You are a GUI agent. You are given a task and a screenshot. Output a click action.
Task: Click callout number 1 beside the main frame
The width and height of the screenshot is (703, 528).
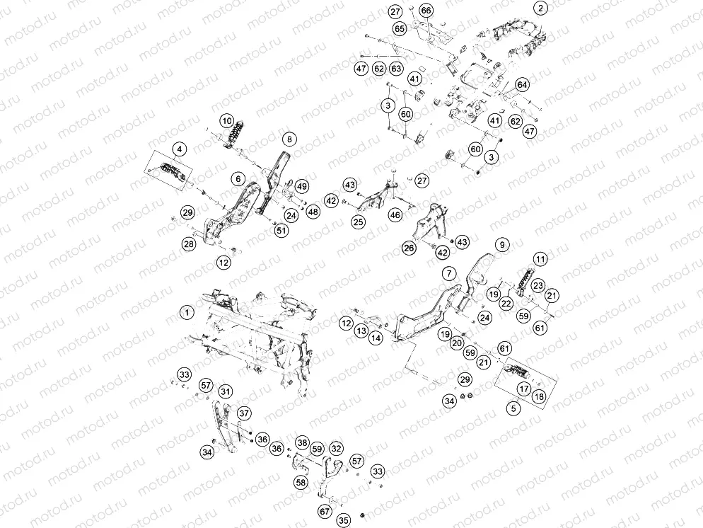187,312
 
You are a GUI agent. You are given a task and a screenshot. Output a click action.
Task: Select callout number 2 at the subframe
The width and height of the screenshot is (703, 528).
541,8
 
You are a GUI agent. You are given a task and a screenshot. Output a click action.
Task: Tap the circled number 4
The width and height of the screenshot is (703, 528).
180,149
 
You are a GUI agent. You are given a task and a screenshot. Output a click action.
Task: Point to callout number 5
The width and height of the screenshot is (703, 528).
513,408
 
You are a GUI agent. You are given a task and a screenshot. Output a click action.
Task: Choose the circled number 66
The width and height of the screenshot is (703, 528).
426,11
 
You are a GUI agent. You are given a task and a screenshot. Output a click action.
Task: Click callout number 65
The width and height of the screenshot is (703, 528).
400,29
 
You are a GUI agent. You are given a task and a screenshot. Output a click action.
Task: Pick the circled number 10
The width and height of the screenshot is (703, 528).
227,121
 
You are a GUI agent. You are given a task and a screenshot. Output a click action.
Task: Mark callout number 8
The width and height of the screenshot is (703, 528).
289,139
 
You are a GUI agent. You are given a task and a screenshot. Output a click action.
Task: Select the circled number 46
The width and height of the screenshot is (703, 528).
395,215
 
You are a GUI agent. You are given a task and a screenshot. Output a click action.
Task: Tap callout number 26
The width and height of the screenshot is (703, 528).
409,248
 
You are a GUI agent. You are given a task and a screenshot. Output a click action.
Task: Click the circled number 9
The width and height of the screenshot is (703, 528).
502,244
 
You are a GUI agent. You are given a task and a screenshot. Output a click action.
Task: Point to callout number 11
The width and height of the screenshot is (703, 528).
541,259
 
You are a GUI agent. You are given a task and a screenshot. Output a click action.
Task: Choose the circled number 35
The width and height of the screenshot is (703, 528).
344,520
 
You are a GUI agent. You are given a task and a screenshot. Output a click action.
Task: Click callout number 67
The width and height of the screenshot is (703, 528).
325,511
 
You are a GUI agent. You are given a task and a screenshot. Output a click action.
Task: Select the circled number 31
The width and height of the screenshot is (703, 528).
226,391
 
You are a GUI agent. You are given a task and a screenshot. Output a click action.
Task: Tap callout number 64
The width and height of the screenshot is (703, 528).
522,84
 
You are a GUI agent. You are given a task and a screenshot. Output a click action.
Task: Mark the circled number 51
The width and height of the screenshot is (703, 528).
281,231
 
